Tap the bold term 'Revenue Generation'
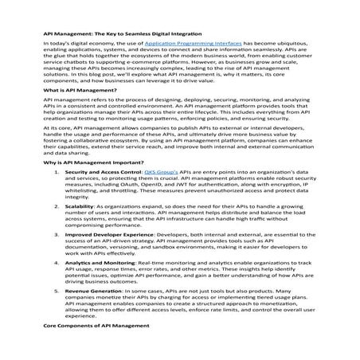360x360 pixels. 92,311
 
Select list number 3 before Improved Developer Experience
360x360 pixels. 54,257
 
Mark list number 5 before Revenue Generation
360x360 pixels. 54,311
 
